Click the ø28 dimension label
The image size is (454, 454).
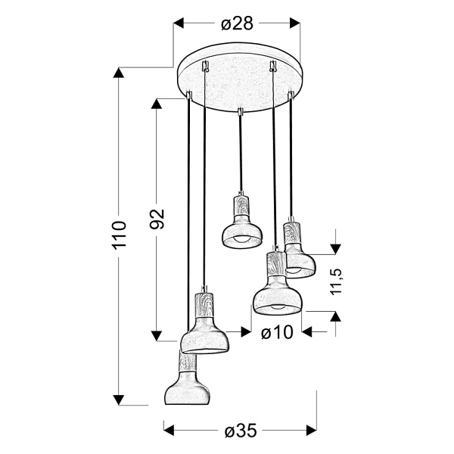pyautogui.click(x=237, y=24)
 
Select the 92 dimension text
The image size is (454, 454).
pyautogui.click(x=157, y=219)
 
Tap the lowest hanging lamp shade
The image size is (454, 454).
pyautogui.click(x=187, y=386)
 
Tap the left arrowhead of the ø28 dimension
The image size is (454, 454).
pyautogui.click(x=180, y=24)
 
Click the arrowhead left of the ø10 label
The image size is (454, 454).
pyautogui.click(x=245, y=331)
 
